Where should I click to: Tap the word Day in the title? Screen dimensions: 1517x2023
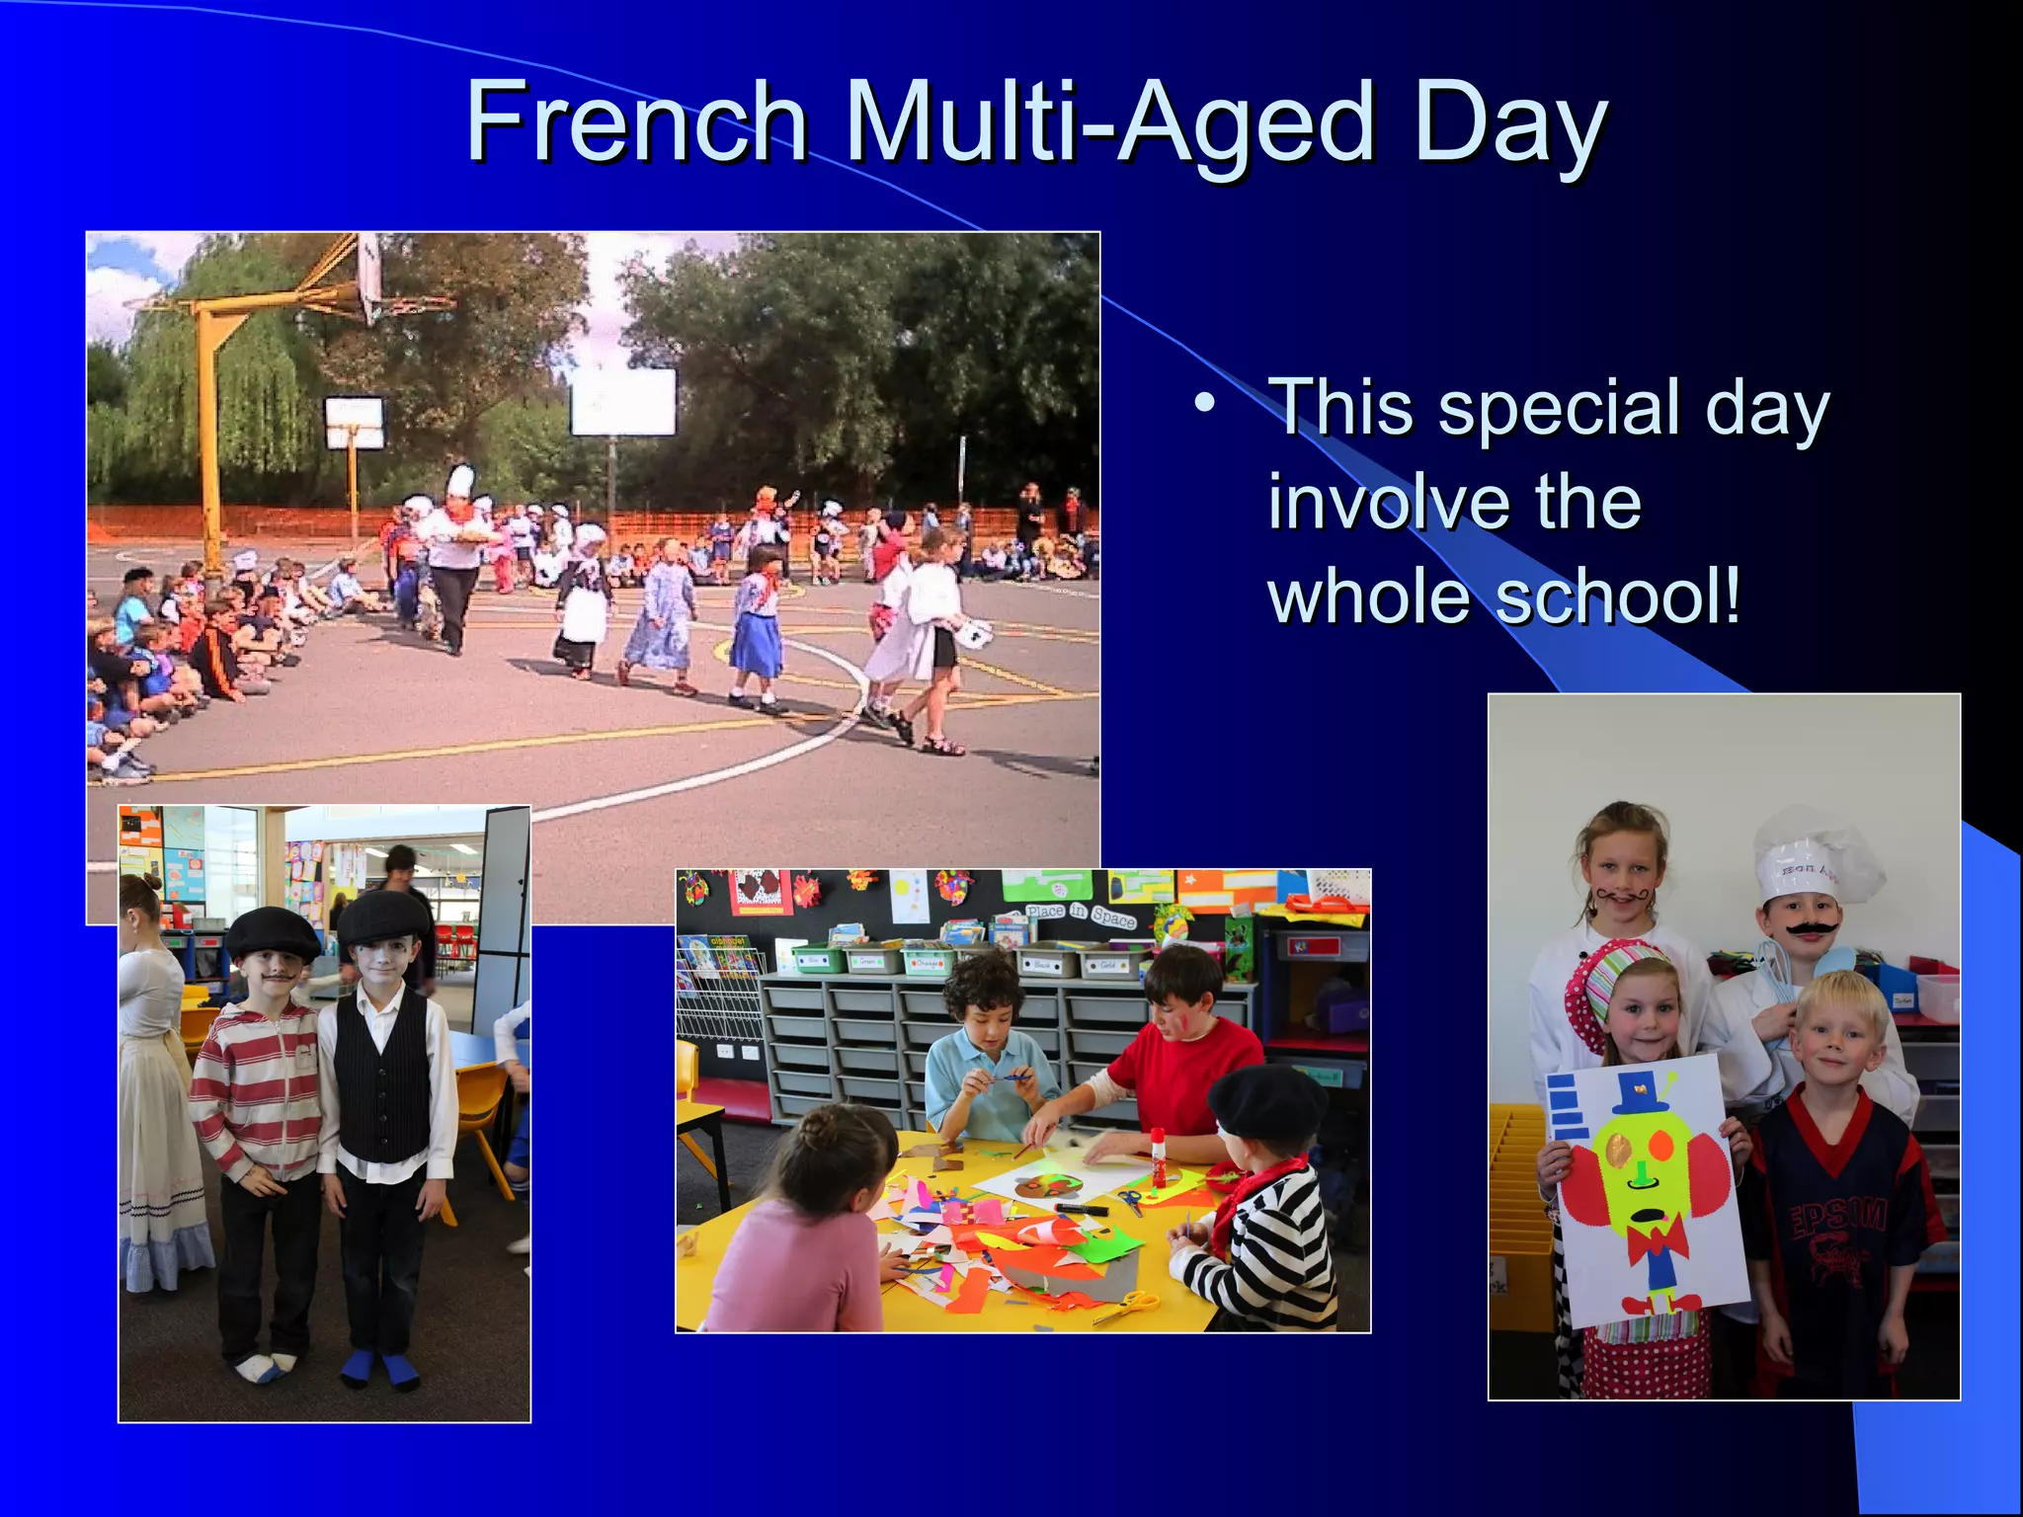click(x=1510, y=124)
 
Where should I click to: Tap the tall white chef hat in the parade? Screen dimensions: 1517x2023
click(x=460, y=481)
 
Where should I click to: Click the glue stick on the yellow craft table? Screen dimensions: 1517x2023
click(x=1158, y=1157)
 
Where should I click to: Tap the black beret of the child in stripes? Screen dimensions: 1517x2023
click(x=1267, y=1102)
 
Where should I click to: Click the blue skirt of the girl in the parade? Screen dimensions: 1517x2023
click(x=758, y=642)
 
